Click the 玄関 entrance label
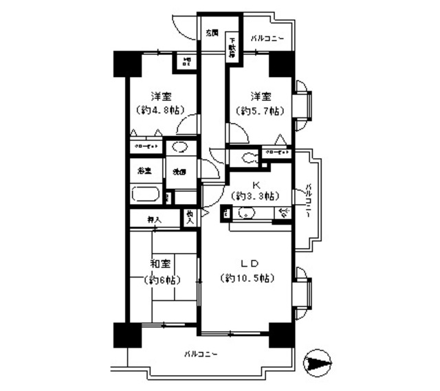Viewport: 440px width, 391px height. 211,33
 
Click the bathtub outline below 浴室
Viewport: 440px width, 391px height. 146,195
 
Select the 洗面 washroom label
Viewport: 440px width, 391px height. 180,171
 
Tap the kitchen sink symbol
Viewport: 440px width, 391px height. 245,214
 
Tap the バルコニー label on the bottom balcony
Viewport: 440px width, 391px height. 201,355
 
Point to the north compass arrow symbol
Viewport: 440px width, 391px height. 318,361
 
